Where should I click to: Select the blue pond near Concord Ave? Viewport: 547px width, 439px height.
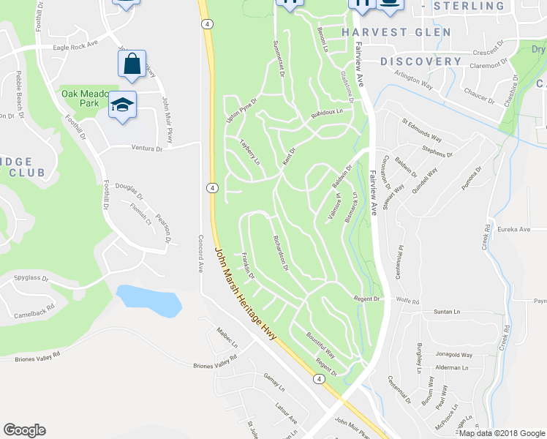click(149, 301)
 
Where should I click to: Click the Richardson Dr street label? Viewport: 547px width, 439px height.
click(281, 253)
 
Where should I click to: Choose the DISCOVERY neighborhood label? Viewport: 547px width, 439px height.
click(420, 61)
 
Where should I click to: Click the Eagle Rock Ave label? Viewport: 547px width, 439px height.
click(75, 46)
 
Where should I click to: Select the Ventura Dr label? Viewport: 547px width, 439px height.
click(147, 149)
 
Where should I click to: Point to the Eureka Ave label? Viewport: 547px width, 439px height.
click(513, 229)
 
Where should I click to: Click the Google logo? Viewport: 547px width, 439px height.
click(25, 430)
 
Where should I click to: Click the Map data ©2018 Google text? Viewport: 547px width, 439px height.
click(501, 433)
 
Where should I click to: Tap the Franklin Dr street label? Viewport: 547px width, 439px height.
click(247, 266)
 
